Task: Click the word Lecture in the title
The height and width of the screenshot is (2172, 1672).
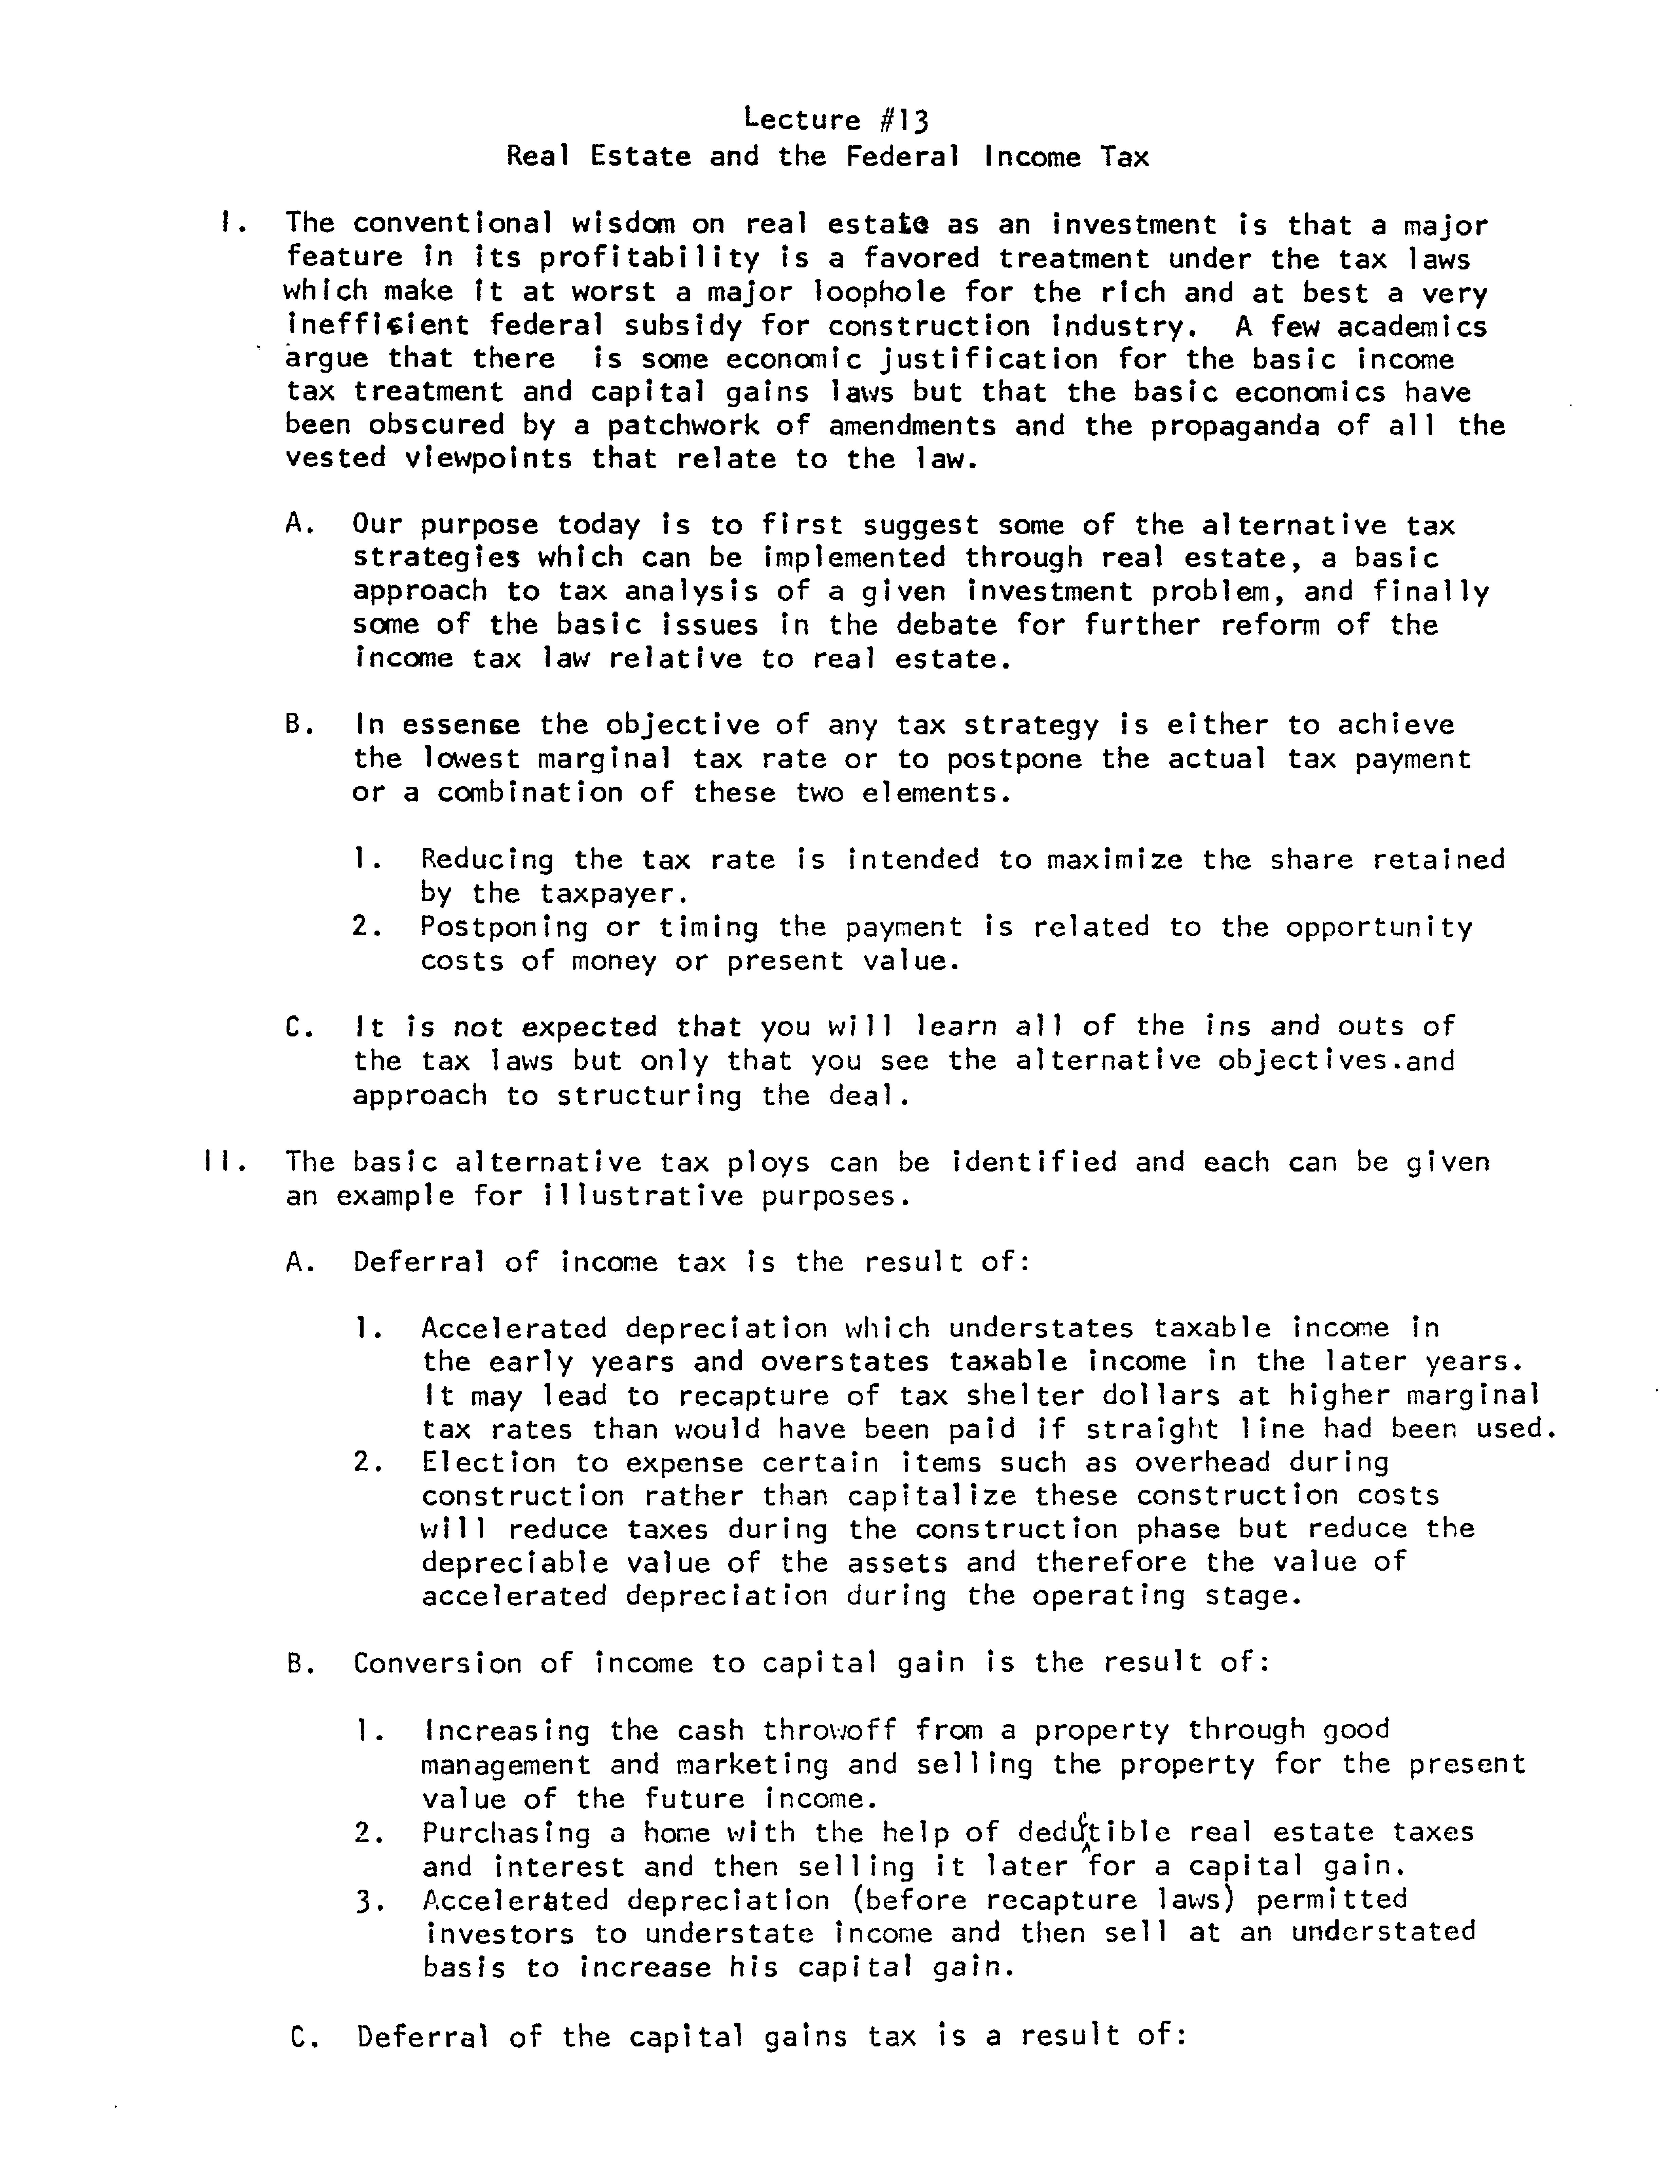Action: pos(802,120)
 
